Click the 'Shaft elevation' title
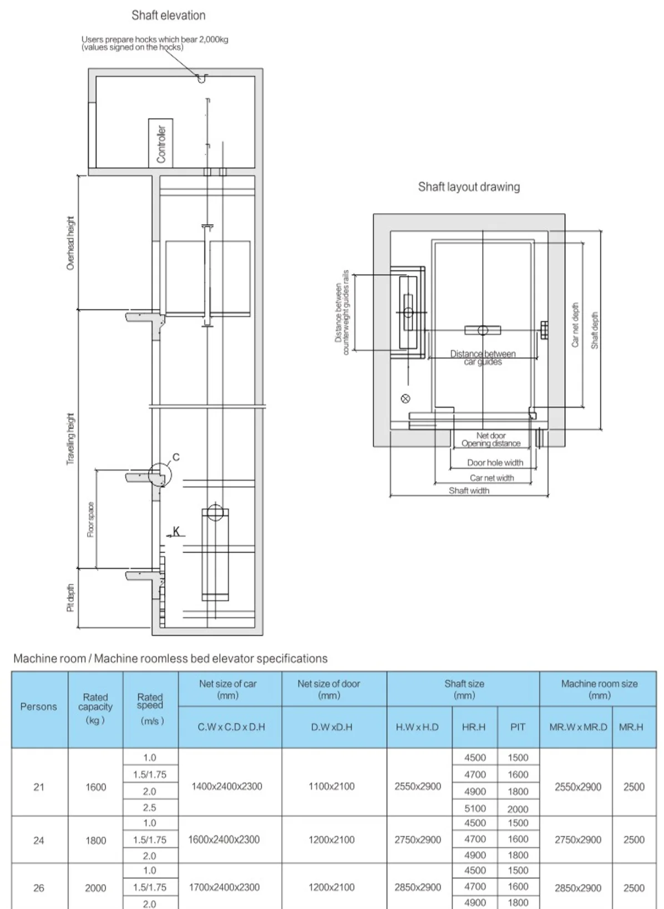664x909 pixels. click(168, 16)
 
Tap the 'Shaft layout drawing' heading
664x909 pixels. click(469, 186)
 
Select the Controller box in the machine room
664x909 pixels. click(160, 143)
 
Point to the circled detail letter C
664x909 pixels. click(176, 457)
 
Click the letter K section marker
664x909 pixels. click(176, 532)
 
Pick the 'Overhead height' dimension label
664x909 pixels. click(70, 243)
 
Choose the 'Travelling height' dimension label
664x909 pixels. click(70, 439)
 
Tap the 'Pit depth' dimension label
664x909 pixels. click(70, 598)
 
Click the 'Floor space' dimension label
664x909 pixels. click(90, 519)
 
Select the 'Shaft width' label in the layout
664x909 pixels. click(469, 491)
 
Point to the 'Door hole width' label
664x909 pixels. click(495, 463)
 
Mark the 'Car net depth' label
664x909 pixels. click(575, 325)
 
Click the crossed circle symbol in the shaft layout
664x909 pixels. click(406, 398)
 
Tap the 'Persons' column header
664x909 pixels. click(39, 706)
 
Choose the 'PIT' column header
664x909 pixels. click(518, 727)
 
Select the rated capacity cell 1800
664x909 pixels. click(95, 840)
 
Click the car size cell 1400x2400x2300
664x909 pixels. click(226, 786)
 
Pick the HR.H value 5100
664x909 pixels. click(475, 809)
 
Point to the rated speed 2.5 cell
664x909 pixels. click(150, 808)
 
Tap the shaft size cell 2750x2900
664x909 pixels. click(418, 840)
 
